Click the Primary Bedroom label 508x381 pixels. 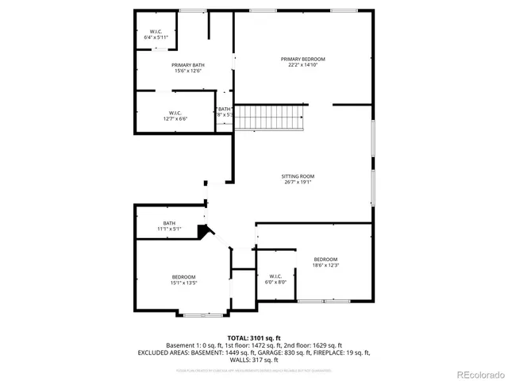coord(302,60)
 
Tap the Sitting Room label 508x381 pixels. coord(298,175)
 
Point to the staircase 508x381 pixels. coord(272,117)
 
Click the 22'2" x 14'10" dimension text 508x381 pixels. coord(302,66)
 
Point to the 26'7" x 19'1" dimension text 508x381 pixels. coord(298,182)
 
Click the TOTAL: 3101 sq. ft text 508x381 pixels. coord(253,337)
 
